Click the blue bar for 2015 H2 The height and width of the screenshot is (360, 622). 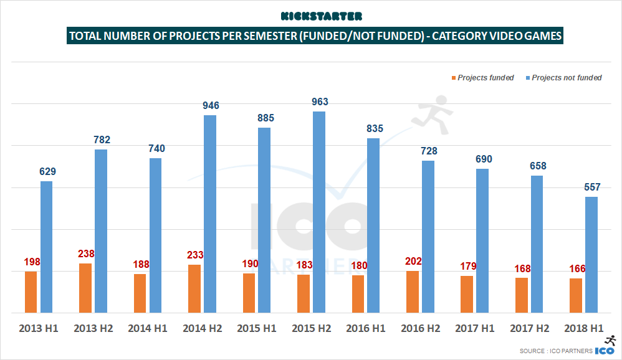click(x=319, y=212)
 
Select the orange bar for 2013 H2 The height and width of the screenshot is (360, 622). click(x=86, y=288)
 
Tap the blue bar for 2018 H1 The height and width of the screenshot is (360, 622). click(x=591, y=254)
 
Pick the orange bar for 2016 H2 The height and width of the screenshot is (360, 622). click(x=413, y=291)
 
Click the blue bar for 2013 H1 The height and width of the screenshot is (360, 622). click(x=46, y=247)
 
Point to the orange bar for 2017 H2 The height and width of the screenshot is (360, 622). click(x=522, y=295)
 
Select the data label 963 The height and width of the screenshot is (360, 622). click(x=320, y=102)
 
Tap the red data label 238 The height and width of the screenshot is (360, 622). click(x=85, y=254)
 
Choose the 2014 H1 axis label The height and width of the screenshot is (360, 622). click(x=148, y=328)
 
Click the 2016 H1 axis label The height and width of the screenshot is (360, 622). click(x=366, y=328)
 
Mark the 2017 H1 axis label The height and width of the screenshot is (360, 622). click(x=476, y=328)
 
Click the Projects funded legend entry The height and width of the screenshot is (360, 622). click(x=486, y=78)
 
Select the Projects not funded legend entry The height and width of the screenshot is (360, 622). click(x=567, y=78)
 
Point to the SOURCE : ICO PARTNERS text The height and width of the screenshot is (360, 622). click(x=555, y=351)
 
